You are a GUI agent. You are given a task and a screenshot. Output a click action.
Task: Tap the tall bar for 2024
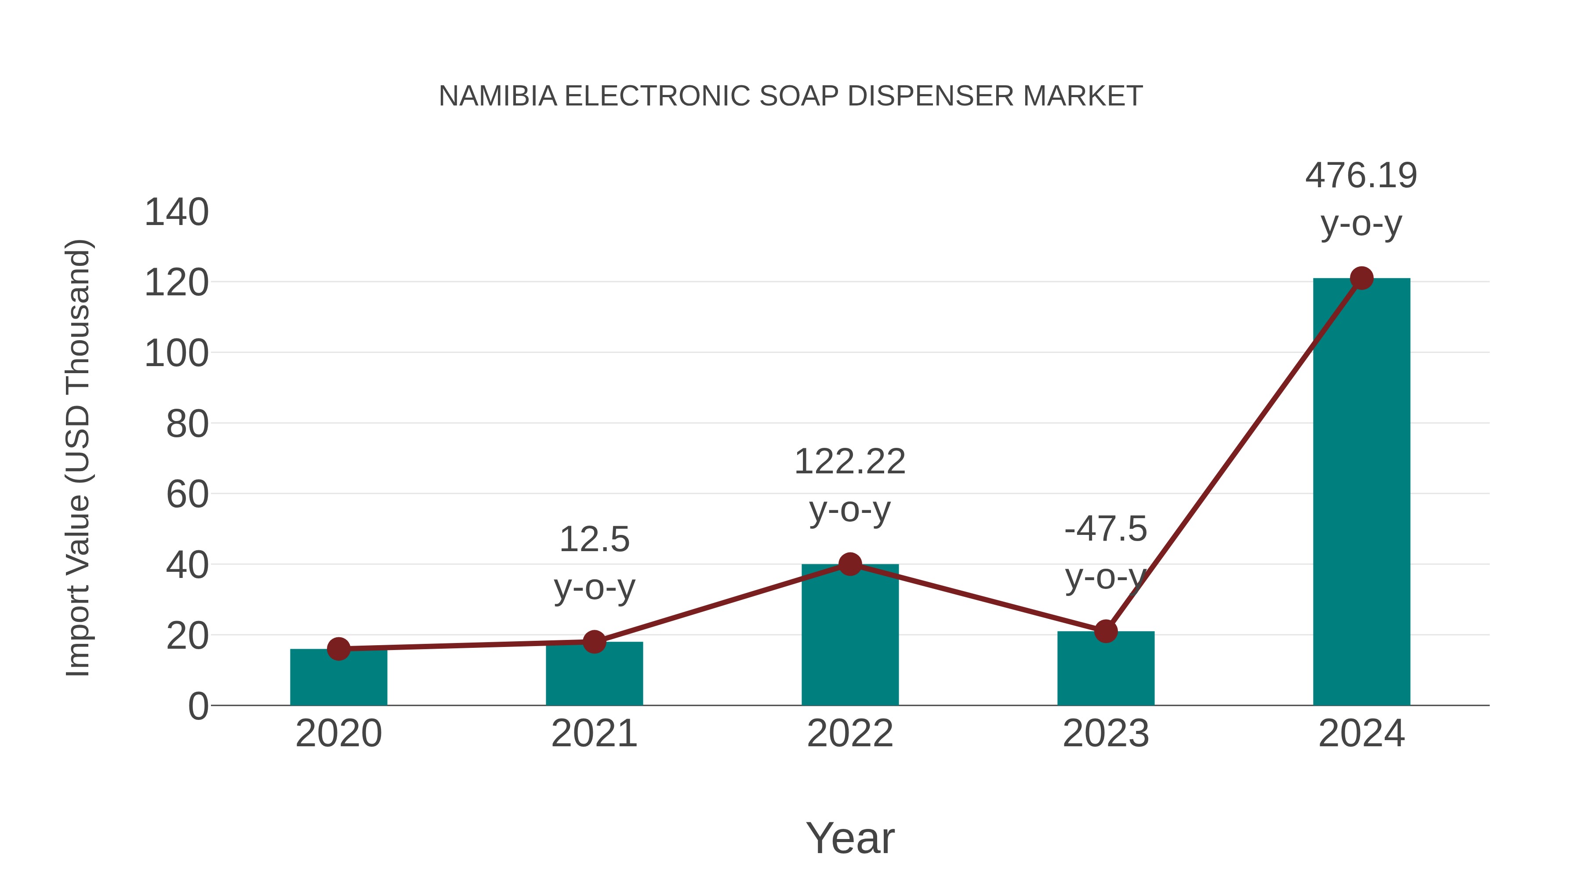(1361, 491)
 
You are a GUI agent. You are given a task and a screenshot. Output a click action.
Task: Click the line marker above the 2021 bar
(594, 642)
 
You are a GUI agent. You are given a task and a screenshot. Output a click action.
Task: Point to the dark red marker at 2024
(1361, 278)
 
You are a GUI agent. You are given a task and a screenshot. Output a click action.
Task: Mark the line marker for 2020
(338, 649)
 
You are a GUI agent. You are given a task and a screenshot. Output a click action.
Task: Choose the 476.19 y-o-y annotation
(1361, 199)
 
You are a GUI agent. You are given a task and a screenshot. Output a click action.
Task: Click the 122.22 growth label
(849, 485)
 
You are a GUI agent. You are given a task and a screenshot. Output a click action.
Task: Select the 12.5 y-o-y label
(594, 563)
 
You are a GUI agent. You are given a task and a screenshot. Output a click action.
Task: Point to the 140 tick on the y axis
(176, 213)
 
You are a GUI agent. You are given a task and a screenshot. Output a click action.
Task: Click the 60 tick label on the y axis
(187, 494)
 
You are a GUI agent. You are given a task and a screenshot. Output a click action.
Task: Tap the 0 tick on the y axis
(198, 706)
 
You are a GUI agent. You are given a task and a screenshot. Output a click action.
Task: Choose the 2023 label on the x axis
(1106, 734)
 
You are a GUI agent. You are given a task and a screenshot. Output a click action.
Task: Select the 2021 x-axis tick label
(594, 734)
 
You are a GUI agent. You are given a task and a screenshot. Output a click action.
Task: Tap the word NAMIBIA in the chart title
(497, 96)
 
